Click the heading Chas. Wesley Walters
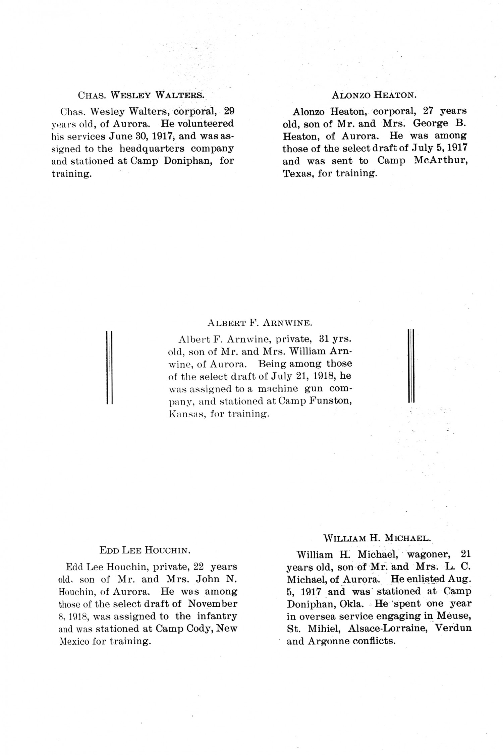click(141, 95)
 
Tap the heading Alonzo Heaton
click(374, 95)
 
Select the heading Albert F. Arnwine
click(260, 323)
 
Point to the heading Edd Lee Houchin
click(145, 550)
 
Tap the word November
click(213, 604)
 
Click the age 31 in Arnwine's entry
click(326, 339)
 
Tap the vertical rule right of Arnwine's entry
click(411, 365)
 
